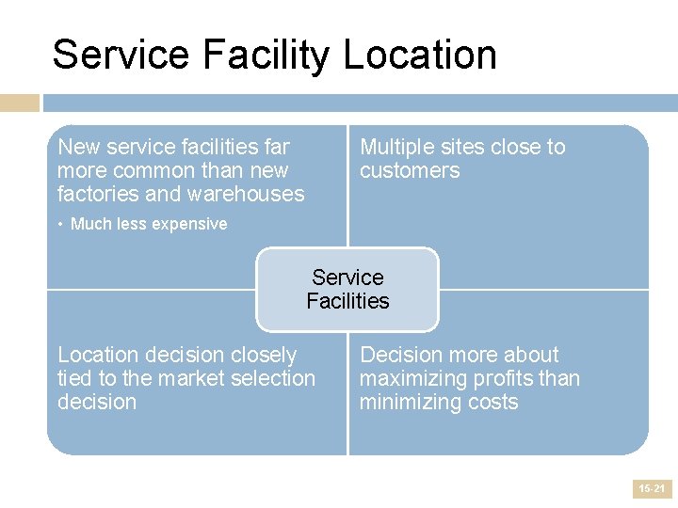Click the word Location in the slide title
(419, 55)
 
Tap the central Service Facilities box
(347, 290)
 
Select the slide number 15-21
(652, 488)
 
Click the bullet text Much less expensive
(149, 224)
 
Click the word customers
(410, 171)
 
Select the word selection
(275, 379)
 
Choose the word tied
(73, 379)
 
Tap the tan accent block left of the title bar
(19, 103)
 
